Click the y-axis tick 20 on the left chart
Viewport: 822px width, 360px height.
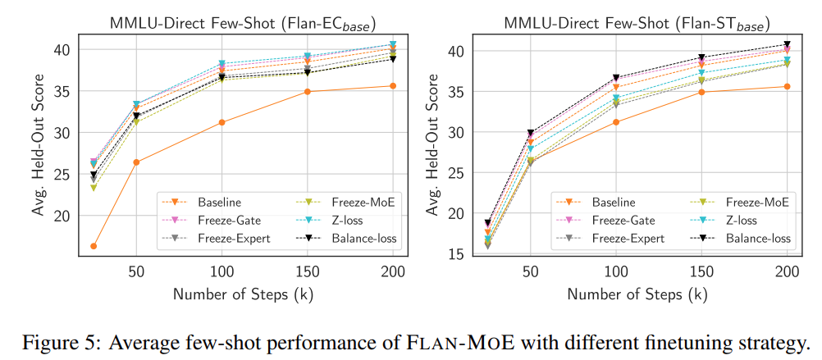[63, 216]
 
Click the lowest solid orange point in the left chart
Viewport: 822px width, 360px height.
[94, 246]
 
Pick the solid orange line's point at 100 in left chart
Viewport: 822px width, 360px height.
[221, 122]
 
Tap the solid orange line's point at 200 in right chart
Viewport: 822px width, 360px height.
[788, 86]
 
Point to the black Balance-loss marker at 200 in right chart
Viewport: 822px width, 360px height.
[788, 44]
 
